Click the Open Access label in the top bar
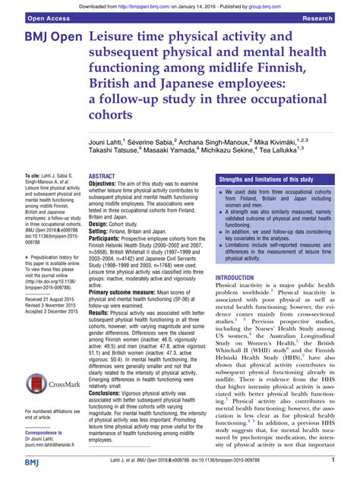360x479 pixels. coord(30,16)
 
